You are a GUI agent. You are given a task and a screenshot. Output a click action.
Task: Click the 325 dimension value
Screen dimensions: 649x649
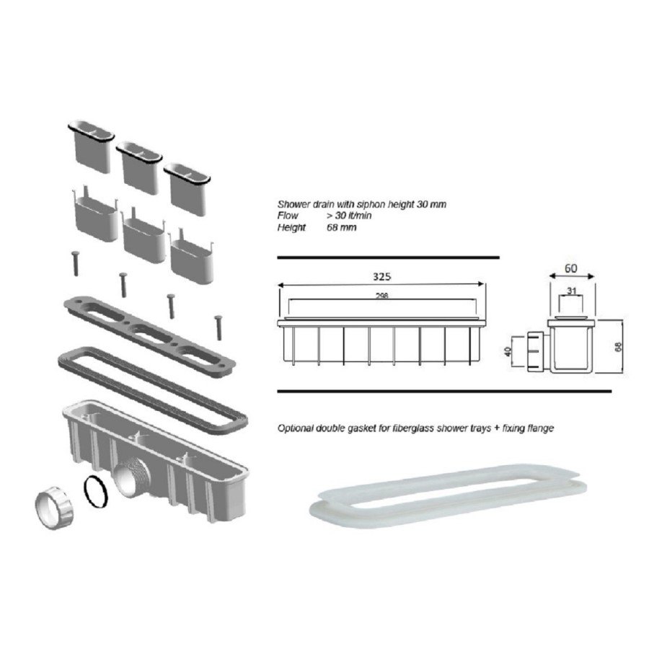[x=383, y=276]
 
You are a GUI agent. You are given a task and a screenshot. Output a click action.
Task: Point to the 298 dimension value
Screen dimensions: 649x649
[x=383, y=296]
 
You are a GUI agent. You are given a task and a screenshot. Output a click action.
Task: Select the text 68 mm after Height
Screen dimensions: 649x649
[x=342, y=227]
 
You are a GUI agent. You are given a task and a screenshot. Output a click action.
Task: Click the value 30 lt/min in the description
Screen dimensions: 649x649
[x=350, y=216]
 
